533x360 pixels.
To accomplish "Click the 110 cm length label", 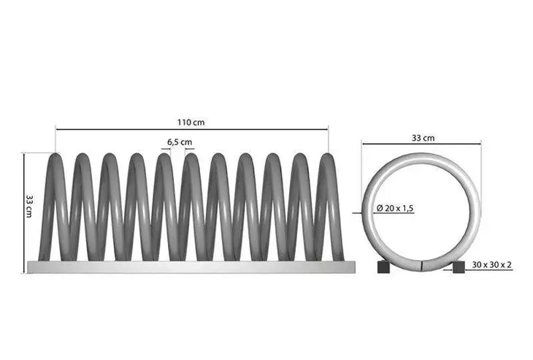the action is (x=191, y=123).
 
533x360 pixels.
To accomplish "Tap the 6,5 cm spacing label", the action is (x=180, y=142).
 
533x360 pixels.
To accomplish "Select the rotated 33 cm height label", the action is (x=30, y=206).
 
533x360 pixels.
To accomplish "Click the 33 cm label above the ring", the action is (x=423, y=138).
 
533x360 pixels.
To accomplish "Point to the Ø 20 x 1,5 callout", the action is (x=395, y=208).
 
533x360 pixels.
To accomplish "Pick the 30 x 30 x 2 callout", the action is (x=491, y=264).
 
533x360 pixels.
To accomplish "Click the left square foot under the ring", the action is (x=383, y=267).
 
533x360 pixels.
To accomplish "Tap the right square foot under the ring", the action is (x=459, y=267).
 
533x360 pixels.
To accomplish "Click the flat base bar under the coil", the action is (x=191, y=267).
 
